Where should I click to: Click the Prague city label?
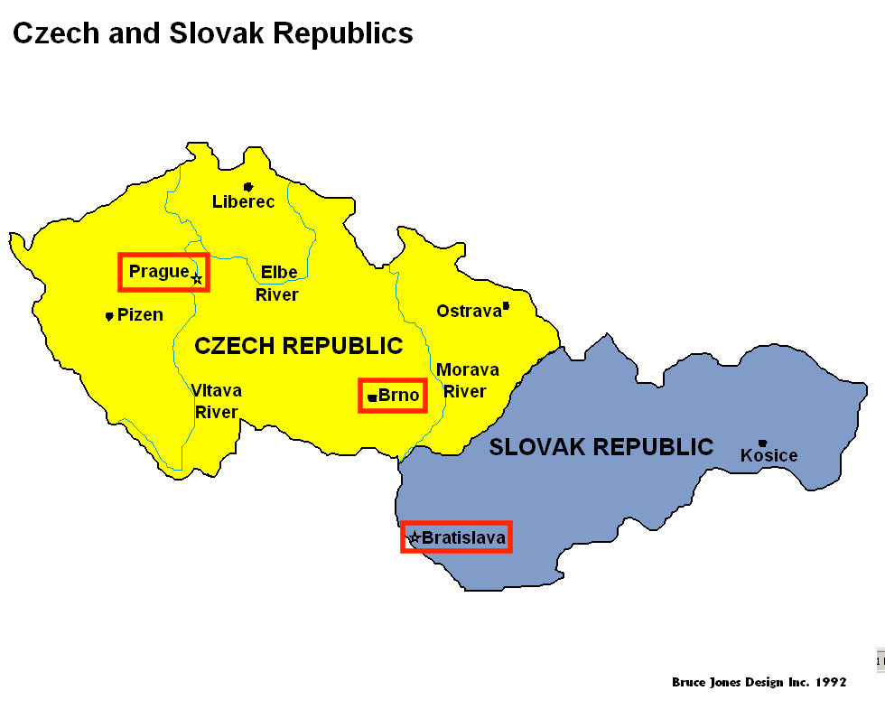(159, 271)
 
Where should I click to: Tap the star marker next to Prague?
(197, 278)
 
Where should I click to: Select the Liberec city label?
(243, 201)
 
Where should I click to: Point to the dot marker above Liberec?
(248, 187)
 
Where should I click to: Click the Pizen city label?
(140, 315)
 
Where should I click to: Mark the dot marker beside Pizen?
(109, 316)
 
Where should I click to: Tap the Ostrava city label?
(468, 311)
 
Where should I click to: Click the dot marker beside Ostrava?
(506, 306)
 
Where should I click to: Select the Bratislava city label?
(463, 537)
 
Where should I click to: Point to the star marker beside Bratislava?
(414, 537)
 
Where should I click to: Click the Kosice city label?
(769, 455)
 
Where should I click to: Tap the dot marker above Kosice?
(763, 443)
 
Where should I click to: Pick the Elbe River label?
(277, 283)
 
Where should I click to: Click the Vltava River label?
(216, 401)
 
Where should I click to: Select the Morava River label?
(467, 380)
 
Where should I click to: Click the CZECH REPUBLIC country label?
(298, 346)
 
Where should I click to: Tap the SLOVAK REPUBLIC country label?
(601, 447)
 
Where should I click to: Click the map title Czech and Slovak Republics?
(212, 33)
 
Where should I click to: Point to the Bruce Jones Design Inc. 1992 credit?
(759, 682)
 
